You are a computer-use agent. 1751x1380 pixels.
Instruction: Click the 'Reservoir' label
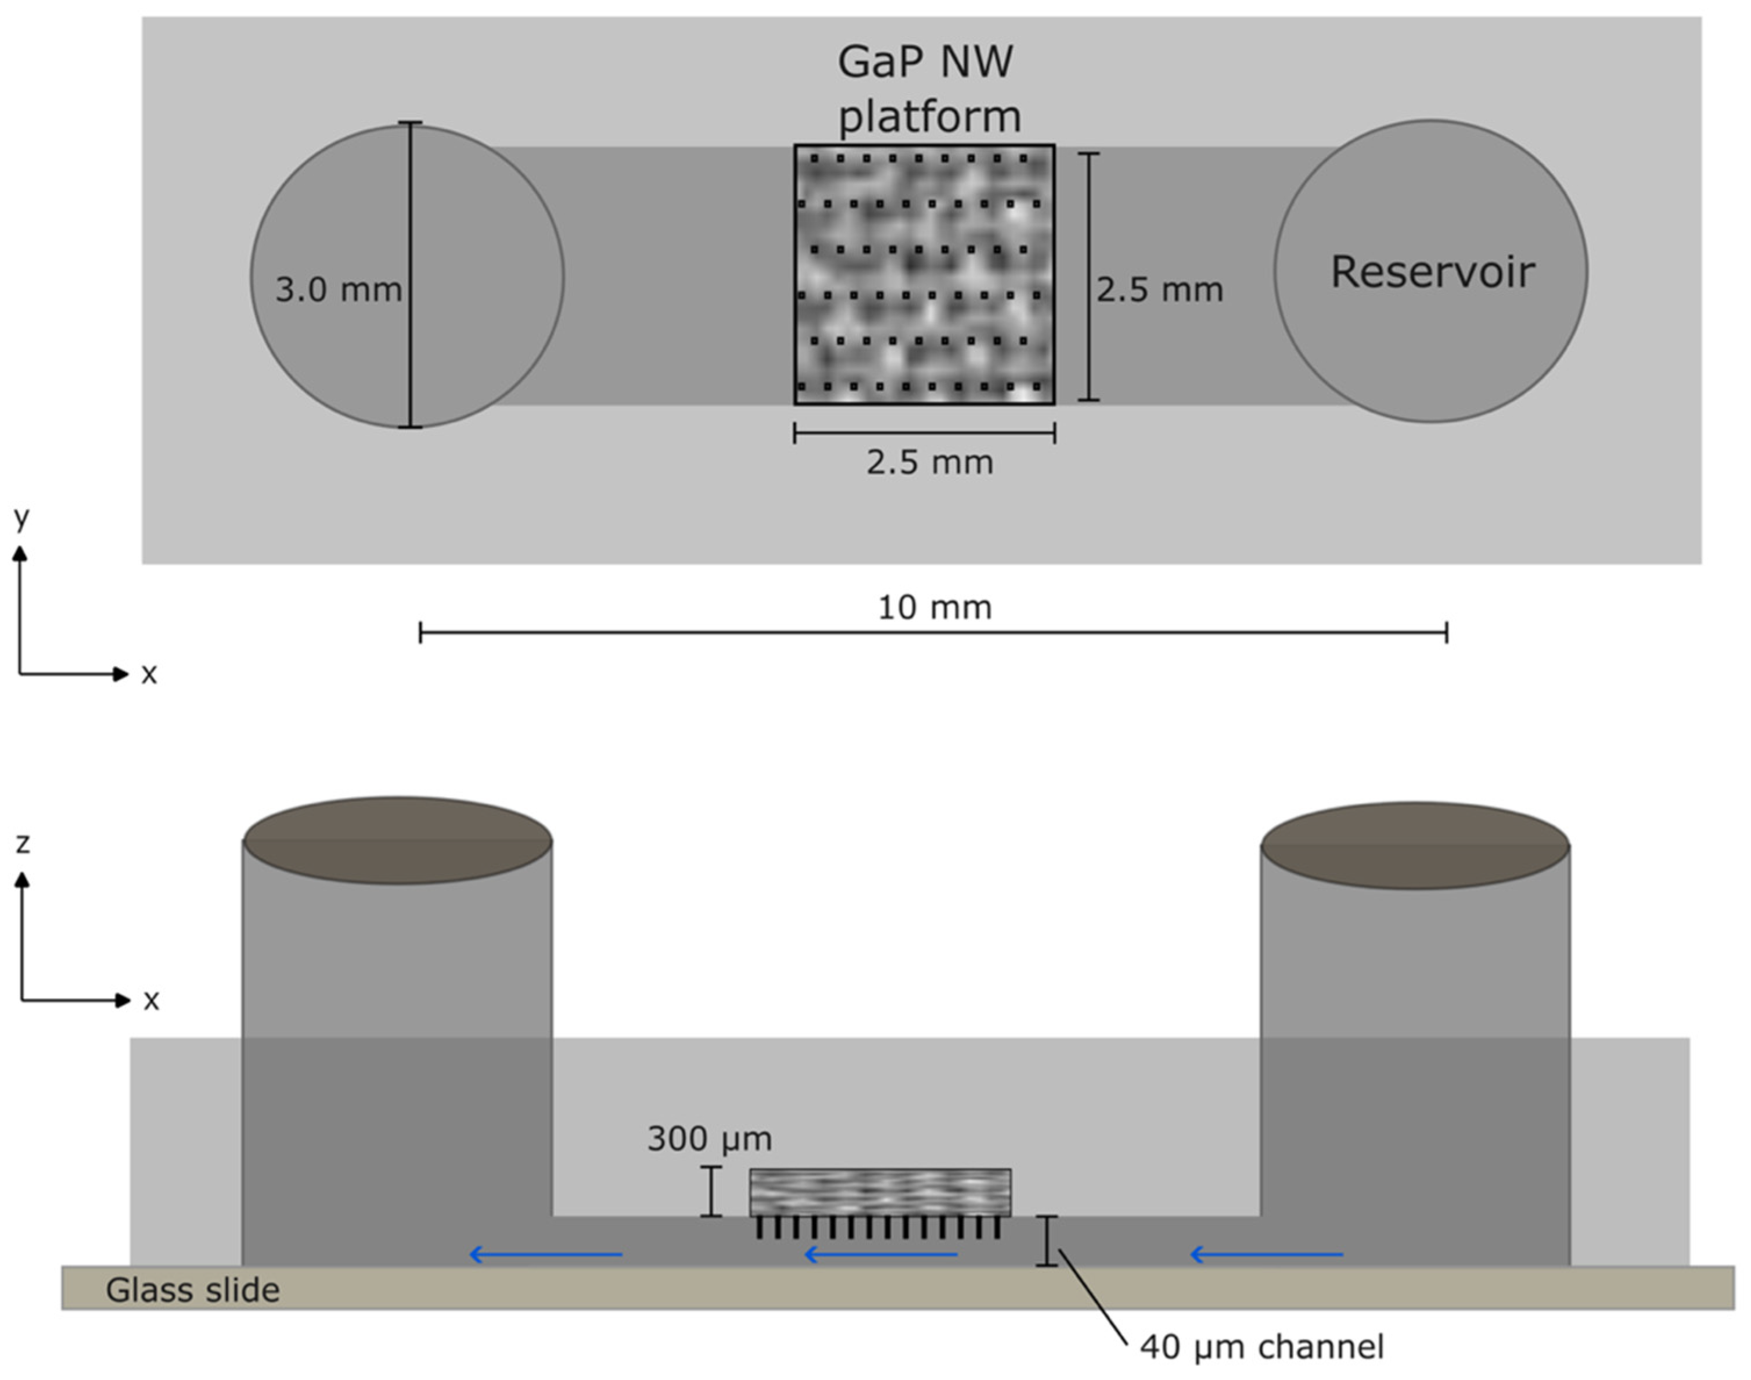(1432, 273)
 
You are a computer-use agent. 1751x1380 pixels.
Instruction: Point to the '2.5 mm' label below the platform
(930, 462)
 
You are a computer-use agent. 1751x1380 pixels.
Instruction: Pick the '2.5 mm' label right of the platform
(1159, 289)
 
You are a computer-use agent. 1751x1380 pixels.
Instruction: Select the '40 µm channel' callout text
(1261, 1346)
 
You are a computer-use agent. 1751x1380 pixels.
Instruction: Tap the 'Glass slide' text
(192, 1291)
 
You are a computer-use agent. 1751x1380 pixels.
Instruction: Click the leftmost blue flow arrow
(546, 1254)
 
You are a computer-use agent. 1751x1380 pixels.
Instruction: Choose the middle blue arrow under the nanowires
(881, 1254)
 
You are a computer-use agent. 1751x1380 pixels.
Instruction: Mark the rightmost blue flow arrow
(1267, 1254)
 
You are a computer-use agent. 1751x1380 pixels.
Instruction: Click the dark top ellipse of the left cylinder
(397, 840)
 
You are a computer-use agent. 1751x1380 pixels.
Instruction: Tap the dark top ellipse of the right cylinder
(1415, 845)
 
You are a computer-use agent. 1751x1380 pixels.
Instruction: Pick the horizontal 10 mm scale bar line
(933, 633)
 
